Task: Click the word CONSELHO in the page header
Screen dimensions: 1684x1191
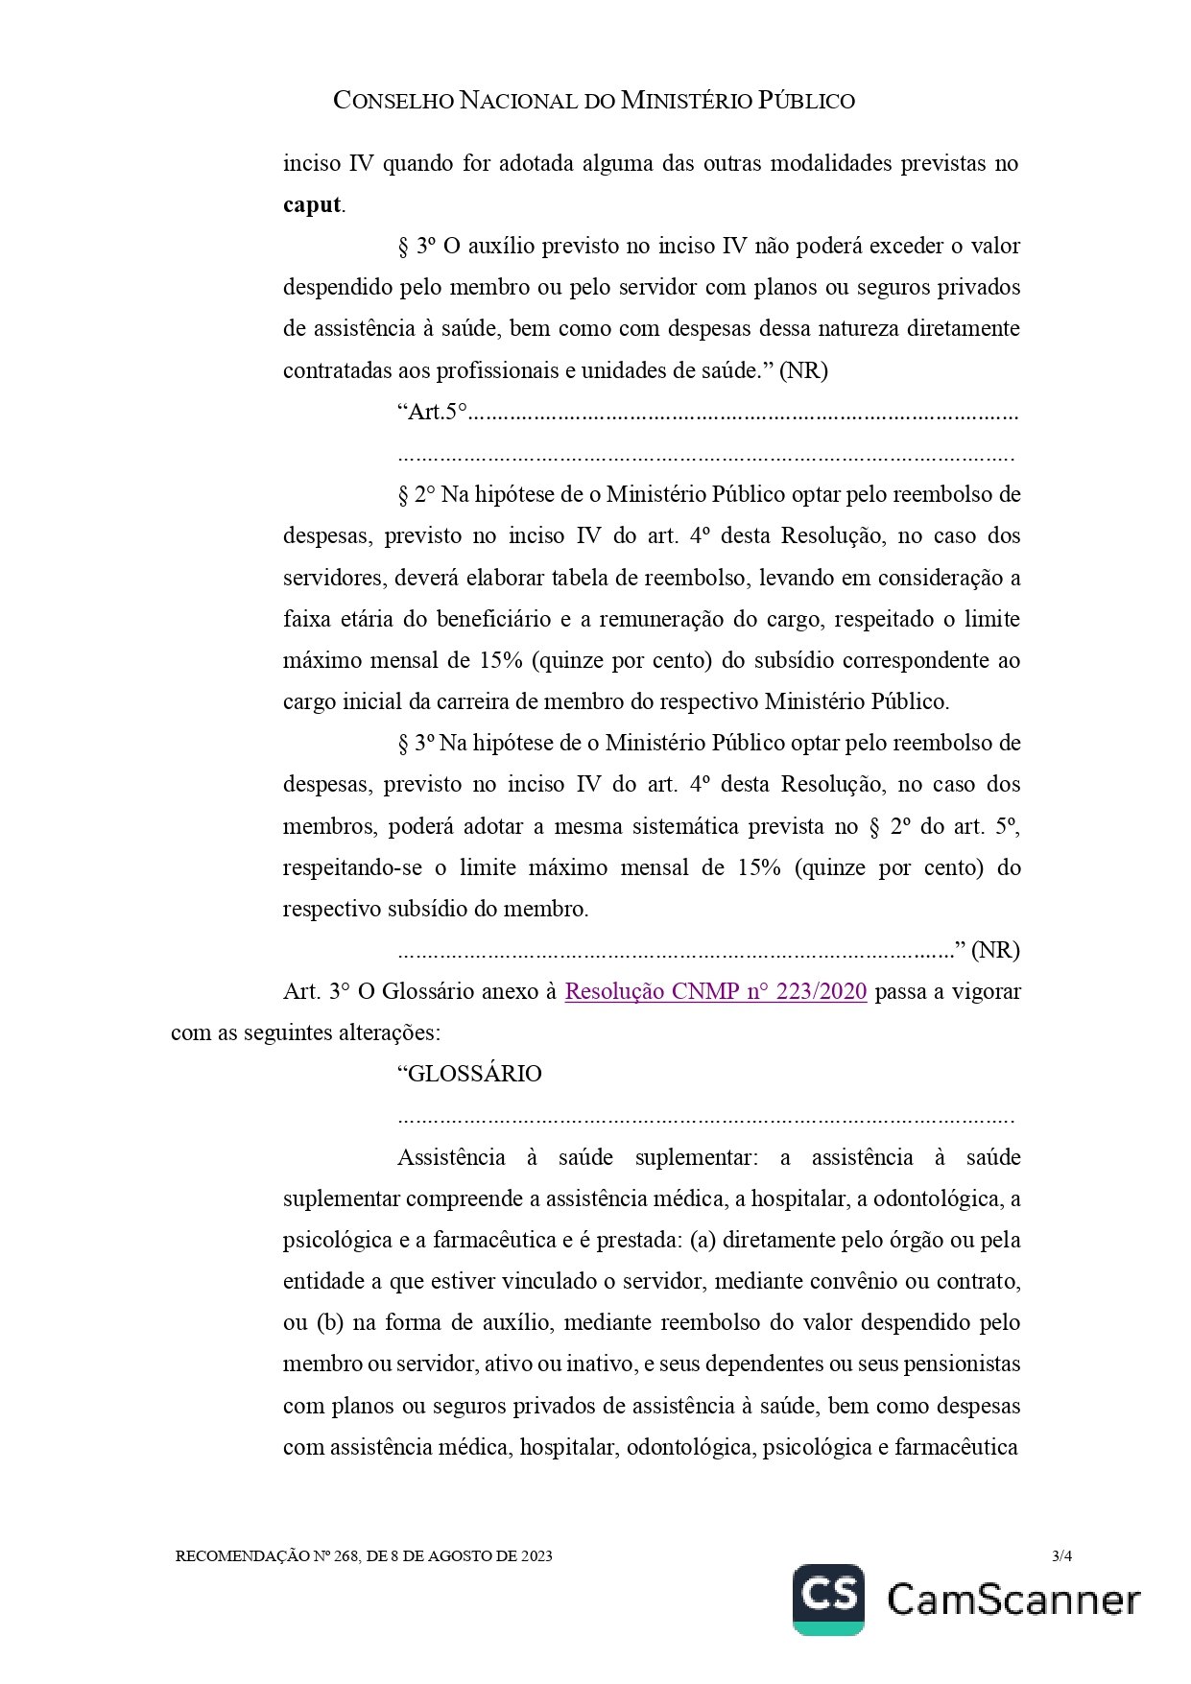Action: click(x=393, y=101)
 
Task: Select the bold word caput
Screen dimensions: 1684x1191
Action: click(x=312, y=204)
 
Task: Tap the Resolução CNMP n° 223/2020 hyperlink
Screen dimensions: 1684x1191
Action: click(x=715, y=991)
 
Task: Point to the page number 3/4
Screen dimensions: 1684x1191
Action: click(x=1061, y=1555)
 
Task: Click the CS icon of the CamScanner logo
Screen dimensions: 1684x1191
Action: click(x=828, y=1600)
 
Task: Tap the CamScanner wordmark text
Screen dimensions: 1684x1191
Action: click(x=1013, y=1600)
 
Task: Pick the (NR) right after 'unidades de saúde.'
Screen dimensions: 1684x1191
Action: click(x=803, y=370)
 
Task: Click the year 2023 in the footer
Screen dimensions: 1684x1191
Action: click(x=536, y=1555)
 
